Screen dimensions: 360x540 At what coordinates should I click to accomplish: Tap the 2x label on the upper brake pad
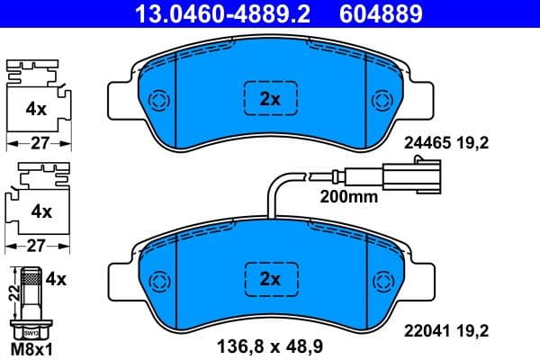(x=269, y=100)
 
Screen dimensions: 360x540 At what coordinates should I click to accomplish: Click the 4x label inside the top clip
(x=36, y=109)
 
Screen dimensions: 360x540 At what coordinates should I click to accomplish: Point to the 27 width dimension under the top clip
(x=38, y=142)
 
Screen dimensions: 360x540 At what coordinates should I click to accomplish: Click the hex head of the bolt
(x=31, y=329)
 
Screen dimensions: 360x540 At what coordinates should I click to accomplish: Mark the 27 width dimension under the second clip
(x=38, y=245)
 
